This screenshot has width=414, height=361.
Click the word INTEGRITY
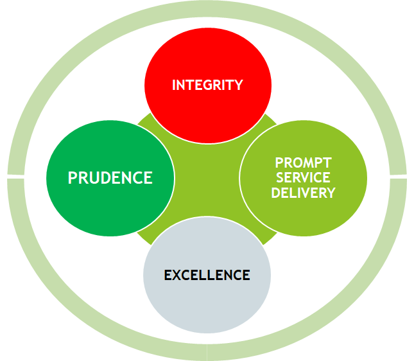(207, 85)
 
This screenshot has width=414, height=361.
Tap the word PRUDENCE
(110, 177)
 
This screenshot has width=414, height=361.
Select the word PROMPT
(303, 163)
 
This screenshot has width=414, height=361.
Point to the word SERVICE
(303, 178)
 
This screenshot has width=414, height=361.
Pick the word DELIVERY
(303, 193)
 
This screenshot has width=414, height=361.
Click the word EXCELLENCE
(207, 275)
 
